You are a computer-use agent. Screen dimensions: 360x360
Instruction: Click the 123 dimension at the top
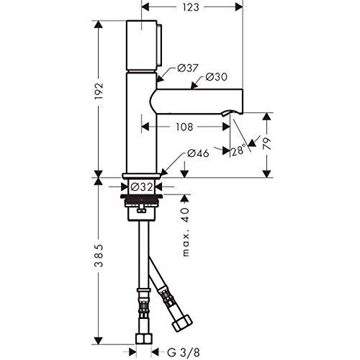click(191, 8)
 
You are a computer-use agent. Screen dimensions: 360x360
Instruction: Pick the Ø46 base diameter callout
click(198, 153)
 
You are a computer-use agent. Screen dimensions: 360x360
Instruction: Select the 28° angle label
click(238, 150)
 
